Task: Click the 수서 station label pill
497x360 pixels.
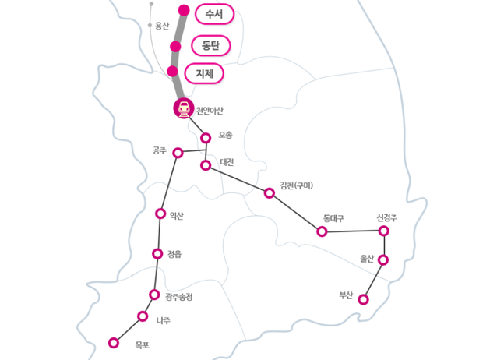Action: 214,14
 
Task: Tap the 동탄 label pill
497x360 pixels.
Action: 211,46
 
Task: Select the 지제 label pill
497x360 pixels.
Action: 204,73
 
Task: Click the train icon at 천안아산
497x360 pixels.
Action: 184,108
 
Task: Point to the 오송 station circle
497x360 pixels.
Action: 206,138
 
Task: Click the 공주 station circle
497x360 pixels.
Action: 178,153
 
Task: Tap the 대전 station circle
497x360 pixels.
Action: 206,165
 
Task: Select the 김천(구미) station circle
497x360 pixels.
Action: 270,192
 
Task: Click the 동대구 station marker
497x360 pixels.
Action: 322,231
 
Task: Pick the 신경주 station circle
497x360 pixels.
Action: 384,231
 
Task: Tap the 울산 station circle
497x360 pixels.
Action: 383,260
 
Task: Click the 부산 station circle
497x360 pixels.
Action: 363,299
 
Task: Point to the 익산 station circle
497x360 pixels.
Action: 160,214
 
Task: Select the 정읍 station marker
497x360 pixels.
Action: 157,254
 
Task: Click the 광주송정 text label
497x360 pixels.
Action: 178,297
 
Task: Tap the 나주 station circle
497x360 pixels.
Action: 143,316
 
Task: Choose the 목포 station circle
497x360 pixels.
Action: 114,343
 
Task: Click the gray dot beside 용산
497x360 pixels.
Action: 150,26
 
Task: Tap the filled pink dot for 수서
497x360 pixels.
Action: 184,10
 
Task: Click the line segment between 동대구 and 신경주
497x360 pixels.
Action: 353,231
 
